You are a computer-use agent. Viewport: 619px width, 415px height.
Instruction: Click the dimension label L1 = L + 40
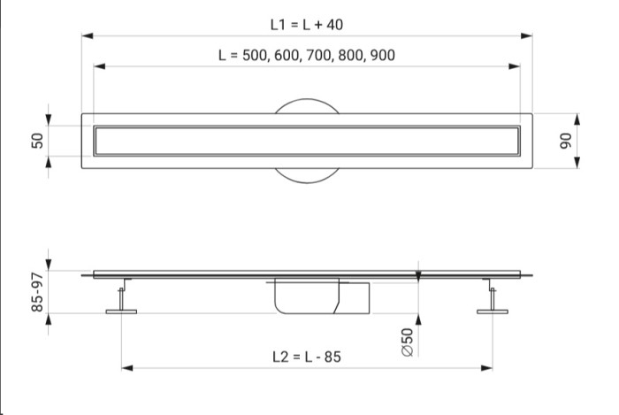tap(307, 25)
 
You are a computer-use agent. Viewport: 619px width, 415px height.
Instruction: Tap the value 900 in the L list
tap(383, 55)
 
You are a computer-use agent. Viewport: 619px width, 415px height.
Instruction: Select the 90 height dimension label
tap(565, 141)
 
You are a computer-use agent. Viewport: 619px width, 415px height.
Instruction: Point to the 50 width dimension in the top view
tap(37, 141)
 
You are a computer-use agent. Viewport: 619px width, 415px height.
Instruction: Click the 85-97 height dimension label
tap(37, 292)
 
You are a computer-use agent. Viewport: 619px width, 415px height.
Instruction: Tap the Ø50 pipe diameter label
tap(408, 342)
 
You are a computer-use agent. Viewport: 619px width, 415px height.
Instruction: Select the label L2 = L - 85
tap(307, 357)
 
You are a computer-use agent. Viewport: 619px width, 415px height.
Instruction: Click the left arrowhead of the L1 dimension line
tap(88, 36)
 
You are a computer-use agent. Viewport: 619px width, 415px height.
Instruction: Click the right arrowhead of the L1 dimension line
tap(527, 36)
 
